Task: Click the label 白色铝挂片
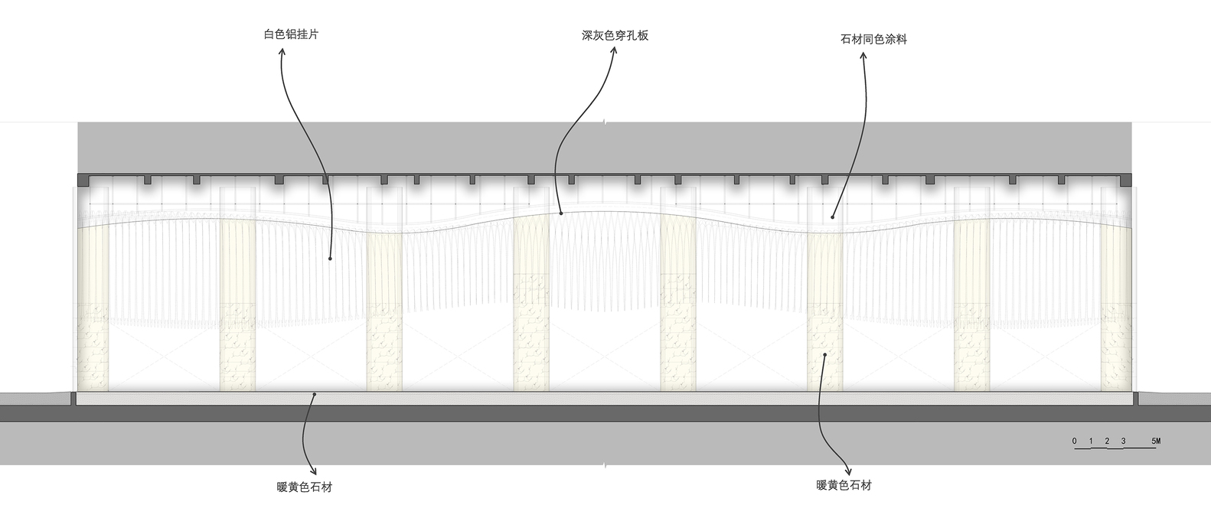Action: [290, 34]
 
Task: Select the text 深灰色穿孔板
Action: [615, 35]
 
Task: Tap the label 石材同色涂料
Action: [873, 39]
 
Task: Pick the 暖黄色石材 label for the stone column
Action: [844, 485]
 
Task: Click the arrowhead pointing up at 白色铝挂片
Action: [281, 52]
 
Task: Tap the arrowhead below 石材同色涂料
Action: [864, 56]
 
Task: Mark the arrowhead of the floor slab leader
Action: [312, 471]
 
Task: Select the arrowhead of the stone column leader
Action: [847, 471]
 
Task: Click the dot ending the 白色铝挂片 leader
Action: [330, 259]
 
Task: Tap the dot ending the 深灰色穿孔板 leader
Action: [561, 213]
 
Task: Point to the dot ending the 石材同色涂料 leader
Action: [832, 217]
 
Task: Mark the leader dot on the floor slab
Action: [314, 394]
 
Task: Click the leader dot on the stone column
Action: [824, 355]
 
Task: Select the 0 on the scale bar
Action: [1074, 441]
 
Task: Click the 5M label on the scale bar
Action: [1156, 441]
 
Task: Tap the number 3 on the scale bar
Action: [1123, 441]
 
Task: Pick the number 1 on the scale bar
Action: [1091, 441]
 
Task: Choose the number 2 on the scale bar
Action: [1107, 441]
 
